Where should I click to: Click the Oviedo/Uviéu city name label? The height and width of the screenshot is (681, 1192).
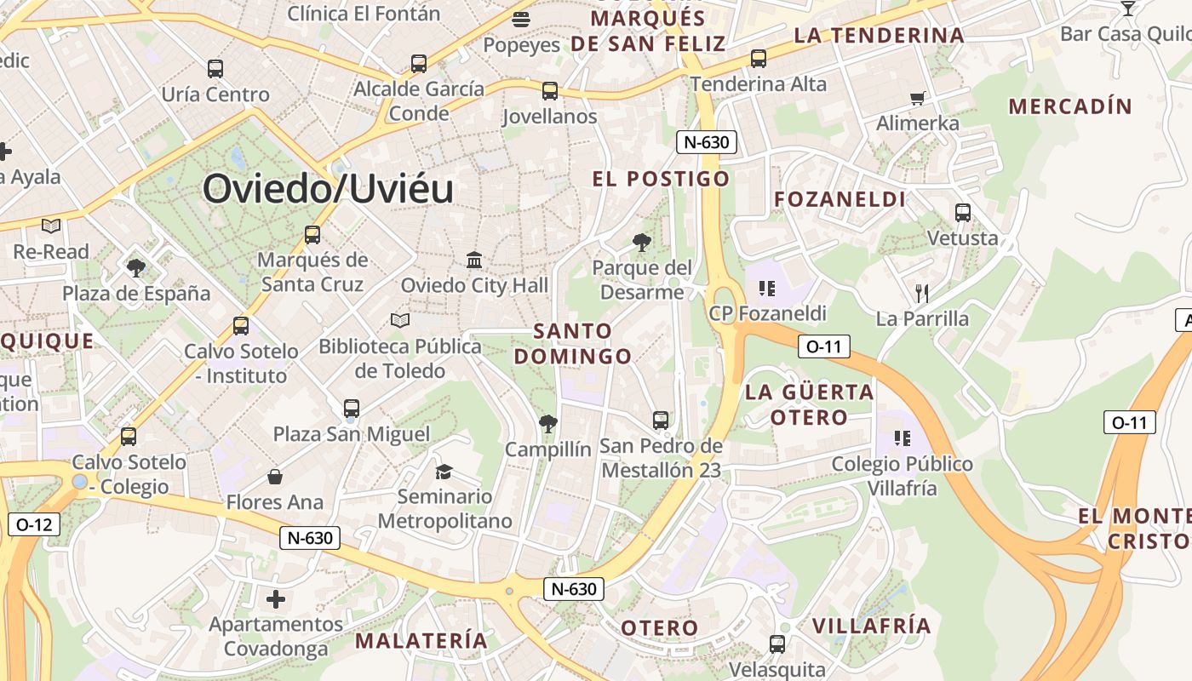coord(328,189)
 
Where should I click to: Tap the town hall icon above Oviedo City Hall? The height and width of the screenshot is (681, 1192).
coord(474,260)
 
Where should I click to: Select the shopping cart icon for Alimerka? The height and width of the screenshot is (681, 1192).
coord(917,98)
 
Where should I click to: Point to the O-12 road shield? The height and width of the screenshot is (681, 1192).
coord(34,524)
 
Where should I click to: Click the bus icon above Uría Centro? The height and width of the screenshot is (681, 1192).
coord(215,69)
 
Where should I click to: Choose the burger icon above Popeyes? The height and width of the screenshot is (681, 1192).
coord(521,19)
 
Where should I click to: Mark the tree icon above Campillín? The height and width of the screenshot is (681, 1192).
coord(547,423)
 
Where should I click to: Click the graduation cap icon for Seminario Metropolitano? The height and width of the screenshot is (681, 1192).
coord(444,472)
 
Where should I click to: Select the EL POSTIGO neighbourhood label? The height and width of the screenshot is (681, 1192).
coord(661,179)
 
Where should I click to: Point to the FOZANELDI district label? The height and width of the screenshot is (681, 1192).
coord(840,199)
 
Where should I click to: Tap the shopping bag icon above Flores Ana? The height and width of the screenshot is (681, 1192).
coord(274,477)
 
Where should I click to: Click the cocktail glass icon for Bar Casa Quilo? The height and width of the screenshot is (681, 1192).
coord(1128,9)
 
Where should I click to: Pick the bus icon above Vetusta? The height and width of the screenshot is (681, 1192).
coord(963,213)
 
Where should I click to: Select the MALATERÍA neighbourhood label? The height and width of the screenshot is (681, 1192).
coord(421,640)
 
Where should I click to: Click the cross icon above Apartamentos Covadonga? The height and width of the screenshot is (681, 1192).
coord(276,599)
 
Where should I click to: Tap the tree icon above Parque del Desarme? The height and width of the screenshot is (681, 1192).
coord(641,243)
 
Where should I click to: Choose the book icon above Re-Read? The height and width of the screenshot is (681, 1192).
coord(51,226)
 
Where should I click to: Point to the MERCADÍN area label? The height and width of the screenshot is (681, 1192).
coord(1070,106)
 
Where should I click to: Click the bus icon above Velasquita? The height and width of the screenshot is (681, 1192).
coord(777,644)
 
